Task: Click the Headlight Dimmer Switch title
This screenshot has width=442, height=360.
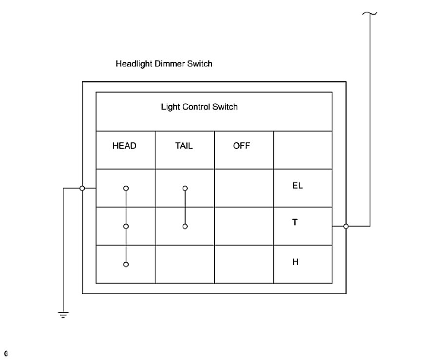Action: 164,64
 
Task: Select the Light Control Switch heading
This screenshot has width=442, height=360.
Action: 199,107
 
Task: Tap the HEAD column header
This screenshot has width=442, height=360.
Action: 124,146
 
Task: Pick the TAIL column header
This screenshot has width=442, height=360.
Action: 184,146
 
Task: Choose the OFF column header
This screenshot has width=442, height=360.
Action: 241,146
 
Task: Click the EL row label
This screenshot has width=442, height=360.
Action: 297,186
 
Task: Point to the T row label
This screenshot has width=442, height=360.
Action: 295,222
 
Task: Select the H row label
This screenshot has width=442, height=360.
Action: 295,262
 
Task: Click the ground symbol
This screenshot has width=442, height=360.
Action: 63,314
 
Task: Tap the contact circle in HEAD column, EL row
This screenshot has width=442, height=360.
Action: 126,188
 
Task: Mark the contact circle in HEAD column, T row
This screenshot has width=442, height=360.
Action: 126,226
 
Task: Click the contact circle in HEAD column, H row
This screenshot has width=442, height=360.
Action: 126,264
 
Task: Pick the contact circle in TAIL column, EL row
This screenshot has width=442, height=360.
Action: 185,188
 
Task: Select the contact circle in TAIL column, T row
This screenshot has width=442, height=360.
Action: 185,226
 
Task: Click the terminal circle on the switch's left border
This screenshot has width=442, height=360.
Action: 82,188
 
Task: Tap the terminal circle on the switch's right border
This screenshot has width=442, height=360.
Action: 346,226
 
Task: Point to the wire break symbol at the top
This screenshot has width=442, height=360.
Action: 370,13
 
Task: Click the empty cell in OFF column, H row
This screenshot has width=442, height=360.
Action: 244,264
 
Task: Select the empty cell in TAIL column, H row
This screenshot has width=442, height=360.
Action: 185,264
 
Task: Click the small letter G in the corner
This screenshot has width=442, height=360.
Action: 6,352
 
